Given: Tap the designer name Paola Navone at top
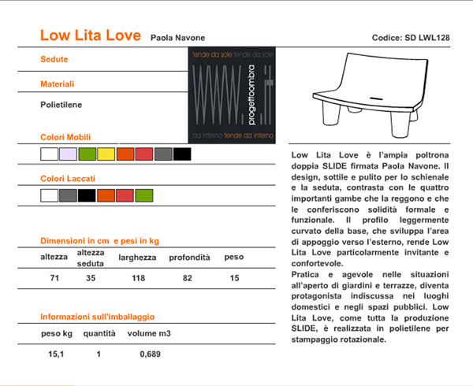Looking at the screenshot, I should pyautogui.click(x=180, y=37).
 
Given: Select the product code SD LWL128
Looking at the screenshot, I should pyautogui.click(x=410, y=38).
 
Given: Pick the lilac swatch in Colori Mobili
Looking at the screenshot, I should pyautogui.click(x=68, y=154).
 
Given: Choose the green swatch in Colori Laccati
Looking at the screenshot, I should pyautogui.click(x=143, y=195).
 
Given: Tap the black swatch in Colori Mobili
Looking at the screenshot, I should pyautogui.click(x=182, y=154).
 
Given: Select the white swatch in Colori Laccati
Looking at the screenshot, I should pyautogui.click(x=49, y=195).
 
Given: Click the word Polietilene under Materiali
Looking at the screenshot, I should pyautogui.click(x=61, y=104).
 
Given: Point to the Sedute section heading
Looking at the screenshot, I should pyautogui.click(x=54, y=60).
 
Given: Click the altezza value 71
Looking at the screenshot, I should pyautogui.click(x=54, y=278).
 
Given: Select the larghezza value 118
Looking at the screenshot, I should pyautogui.click(x=139, y=278).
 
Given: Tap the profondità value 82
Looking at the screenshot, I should pyautogui.click(x=188, y=278).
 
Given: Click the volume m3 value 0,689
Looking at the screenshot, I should pyautogui.click(x=150, y=354).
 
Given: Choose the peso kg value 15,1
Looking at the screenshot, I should pyautogui.click(x=57, y=354).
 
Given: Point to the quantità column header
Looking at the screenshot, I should pyautogui.click(x=100, y=334).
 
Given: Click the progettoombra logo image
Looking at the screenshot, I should pyautogui.click(x=233, y=96).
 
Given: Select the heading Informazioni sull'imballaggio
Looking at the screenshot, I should pyautogui.click(x=97, y=317).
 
